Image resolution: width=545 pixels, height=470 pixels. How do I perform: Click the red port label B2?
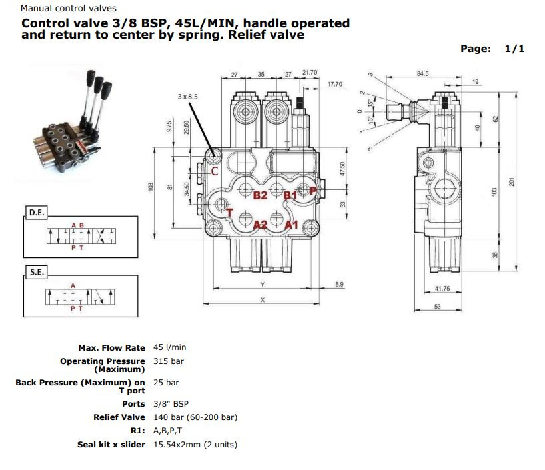coord(260,195)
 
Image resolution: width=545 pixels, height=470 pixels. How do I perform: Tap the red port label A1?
coord(292,225)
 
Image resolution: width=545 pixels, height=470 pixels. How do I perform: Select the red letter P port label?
coord(313,191)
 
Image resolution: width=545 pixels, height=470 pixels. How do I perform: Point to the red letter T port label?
coord(229,213)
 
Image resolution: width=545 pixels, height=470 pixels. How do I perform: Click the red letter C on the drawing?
coord(215,171)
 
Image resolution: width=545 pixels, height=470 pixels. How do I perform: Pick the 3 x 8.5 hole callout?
coord(188,97)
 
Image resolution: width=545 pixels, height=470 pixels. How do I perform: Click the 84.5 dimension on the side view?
coord(422,74)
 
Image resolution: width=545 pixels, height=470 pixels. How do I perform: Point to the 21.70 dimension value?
coord(310,72)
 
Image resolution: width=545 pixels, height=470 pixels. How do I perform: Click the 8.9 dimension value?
coord(339,285)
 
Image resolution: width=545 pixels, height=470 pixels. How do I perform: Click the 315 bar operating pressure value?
coord(168,361)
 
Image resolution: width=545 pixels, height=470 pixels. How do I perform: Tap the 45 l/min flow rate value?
coord(169,347)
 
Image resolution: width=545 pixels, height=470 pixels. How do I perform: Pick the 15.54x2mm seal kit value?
coord(195,445)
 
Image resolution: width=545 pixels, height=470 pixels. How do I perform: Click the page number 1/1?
coord(515,49)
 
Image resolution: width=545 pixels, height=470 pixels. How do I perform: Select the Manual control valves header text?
coord(68,9)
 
